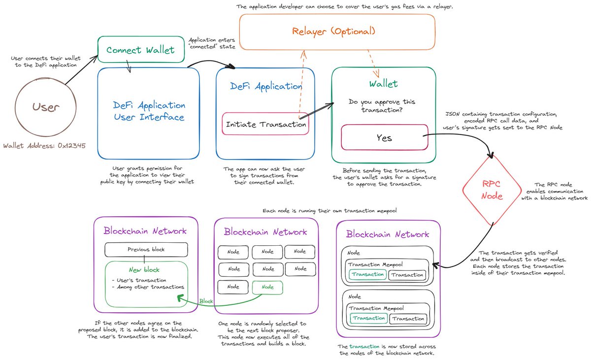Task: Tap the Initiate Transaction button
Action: (x=265, y=125)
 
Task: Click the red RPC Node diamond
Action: (x=491, y=189)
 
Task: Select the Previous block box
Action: (x=146, y=249)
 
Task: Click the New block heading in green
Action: (x=144, y=269)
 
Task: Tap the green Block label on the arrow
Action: (x=206, y=300)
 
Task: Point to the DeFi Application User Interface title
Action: (x=149, y=111)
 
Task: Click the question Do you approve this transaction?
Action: (x=382, y=106)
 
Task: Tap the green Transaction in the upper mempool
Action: (x=367, y=275)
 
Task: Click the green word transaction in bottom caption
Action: (x=364, y=347)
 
